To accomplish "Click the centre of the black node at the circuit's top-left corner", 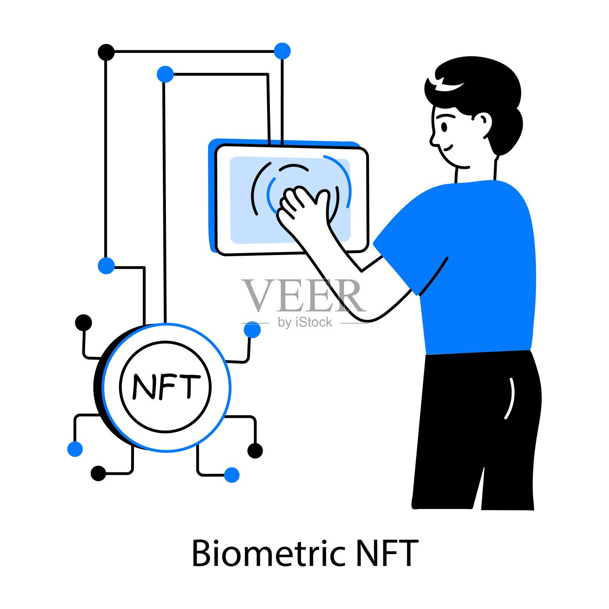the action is pyautogui.click(x=106, y=52).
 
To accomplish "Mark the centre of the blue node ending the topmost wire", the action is pyautogui.click(x=282, y=51).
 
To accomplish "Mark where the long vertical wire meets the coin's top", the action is pyautogui.click(x=165, y=323).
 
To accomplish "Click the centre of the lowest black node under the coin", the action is pyautogui.click(x=98, y=473).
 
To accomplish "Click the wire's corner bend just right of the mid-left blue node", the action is pyautogui.click(x=144, y=268).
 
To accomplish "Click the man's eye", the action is pyautogui.click(x=444, y=127).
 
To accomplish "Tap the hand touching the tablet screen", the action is pyautogui.click(x=304, y=207).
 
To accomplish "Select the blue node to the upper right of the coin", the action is pyautogui.click(x=252, y=330).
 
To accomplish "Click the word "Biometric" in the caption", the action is pyautogui.click(x=269, y=553).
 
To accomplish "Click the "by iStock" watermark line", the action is pyautogui.click(x=305, y=322).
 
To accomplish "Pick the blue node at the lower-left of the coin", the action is pyautogui.click(x=75, y=449).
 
